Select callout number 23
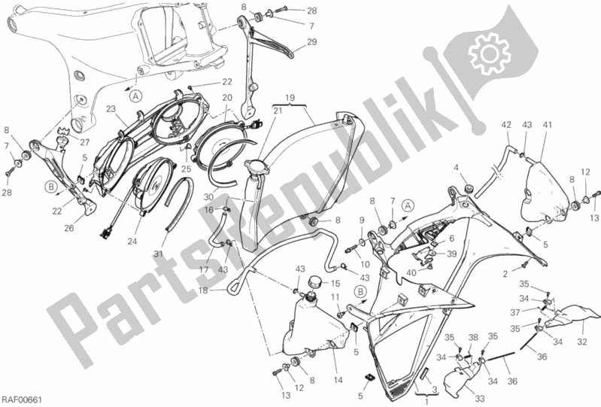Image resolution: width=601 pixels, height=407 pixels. pyautogui.click(x=111, y=108)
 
